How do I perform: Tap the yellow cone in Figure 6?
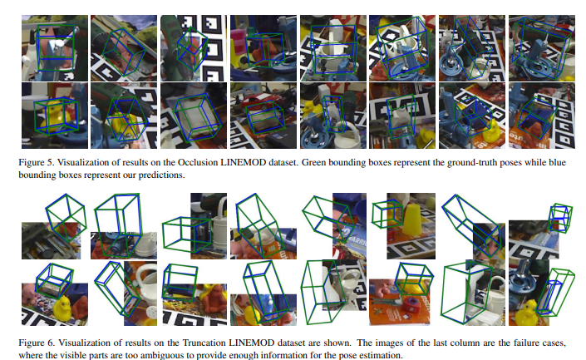pyautogui.click(x=414, y=219)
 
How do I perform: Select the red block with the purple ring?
pyautogui.click(x=411, y=306)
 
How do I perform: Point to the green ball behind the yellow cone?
pyautogui.click(x=431, y=203)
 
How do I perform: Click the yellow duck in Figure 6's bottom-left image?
pyautogui.click(x=62, y=308)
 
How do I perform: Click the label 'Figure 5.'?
pyautogui.click(x=37, y=163)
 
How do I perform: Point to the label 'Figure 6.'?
pyautogui.click(x=37, y=343)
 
